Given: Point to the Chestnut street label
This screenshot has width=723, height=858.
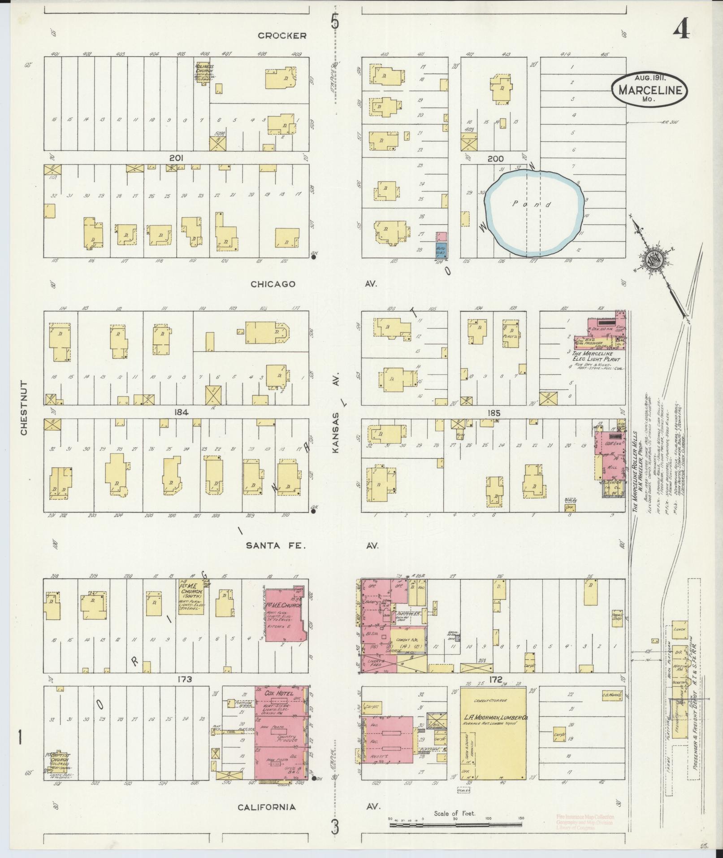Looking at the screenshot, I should (x=24, y=408).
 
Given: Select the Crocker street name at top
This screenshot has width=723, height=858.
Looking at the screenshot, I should (x=282, y=35).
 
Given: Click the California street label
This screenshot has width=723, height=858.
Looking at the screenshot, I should (x=267, y=807).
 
